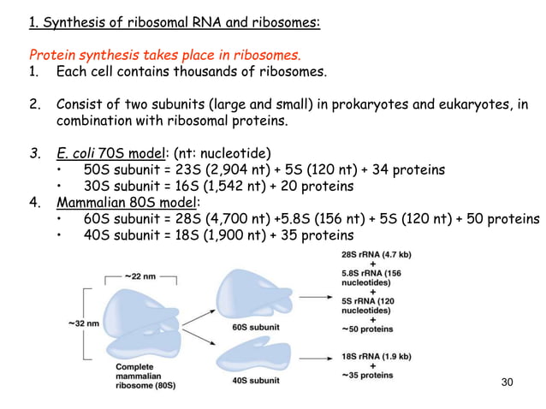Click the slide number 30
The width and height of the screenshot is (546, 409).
[x=507, y=381]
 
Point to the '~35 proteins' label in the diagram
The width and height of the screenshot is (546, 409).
[x=370, y=375]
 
